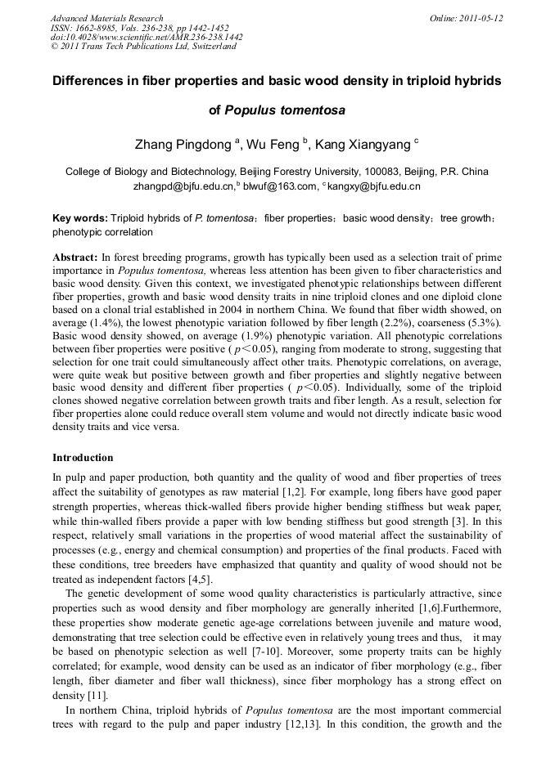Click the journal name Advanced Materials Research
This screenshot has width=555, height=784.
coord(106,18)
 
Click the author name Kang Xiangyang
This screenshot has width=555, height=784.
coord(366,145)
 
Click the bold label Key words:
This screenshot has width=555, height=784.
coord(79,219)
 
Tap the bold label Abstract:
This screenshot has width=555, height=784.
coord(75,257)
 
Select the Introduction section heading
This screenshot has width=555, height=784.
coord(83,457)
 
